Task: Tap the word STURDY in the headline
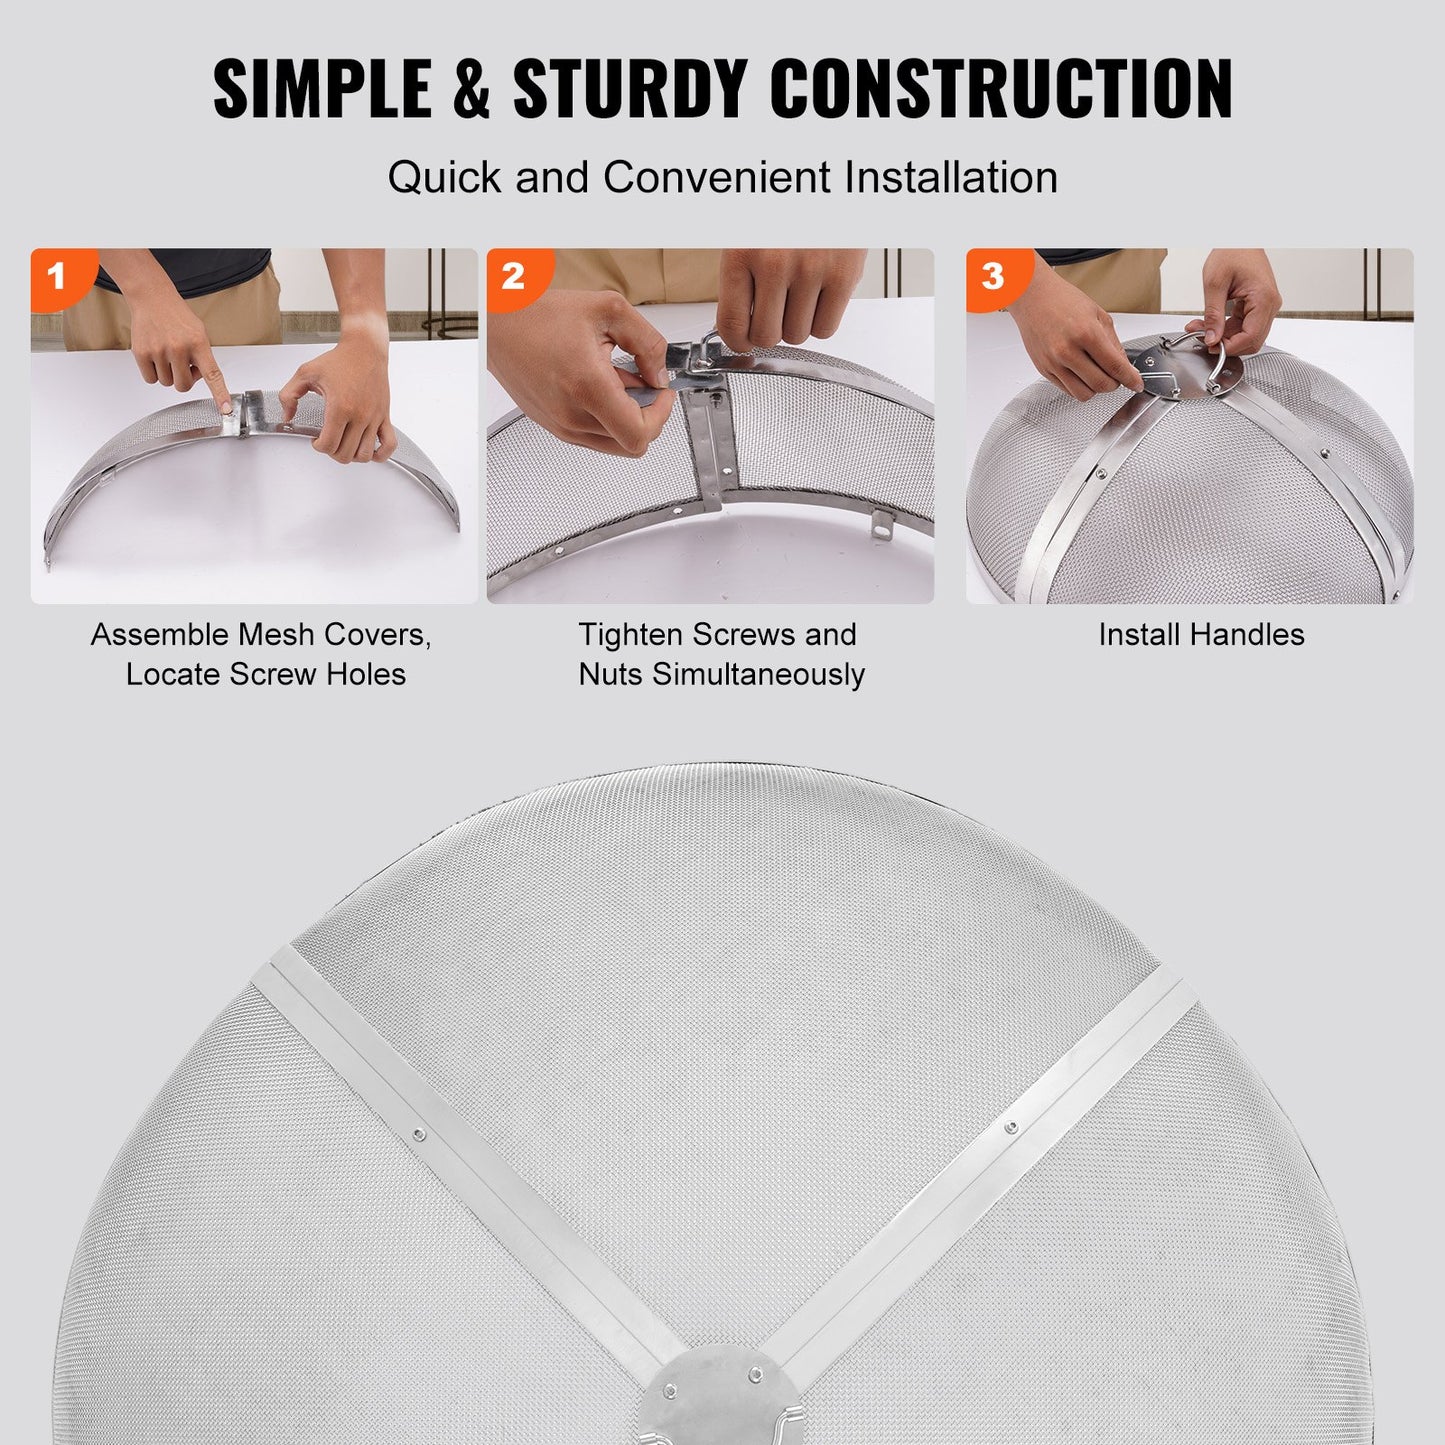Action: click(x=631, y=90)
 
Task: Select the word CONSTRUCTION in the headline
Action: click(x=1000, y=90)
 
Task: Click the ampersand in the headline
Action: click(x=469, y=90)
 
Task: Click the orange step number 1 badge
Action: click(x=56, y=275)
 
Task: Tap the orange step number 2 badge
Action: click(x=513, y=275)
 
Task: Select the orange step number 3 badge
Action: click(x=992, y=275)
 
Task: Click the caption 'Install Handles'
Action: click(x=1201, y=635)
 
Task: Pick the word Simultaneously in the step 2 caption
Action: click(x=758, y=675)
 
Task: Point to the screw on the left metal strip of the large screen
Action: click(x=419, y=1134)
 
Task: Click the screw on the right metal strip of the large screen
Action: click(x=1011, y=1127)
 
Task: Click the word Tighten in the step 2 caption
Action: click(x=630, y=635)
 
